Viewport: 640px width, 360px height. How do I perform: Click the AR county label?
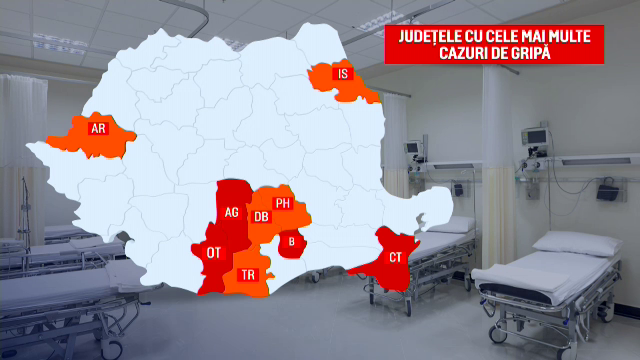point(98,128)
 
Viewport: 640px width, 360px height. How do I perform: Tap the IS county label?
point(343,73)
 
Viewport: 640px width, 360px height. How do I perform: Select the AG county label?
point(232,212)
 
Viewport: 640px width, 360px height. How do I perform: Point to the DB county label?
point(261,216)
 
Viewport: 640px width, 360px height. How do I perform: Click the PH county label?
point(283,203)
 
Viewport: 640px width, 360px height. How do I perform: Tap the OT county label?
point(214,253)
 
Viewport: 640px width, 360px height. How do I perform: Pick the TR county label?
point(247,273)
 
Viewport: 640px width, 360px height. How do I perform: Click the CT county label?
point(395,258)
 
